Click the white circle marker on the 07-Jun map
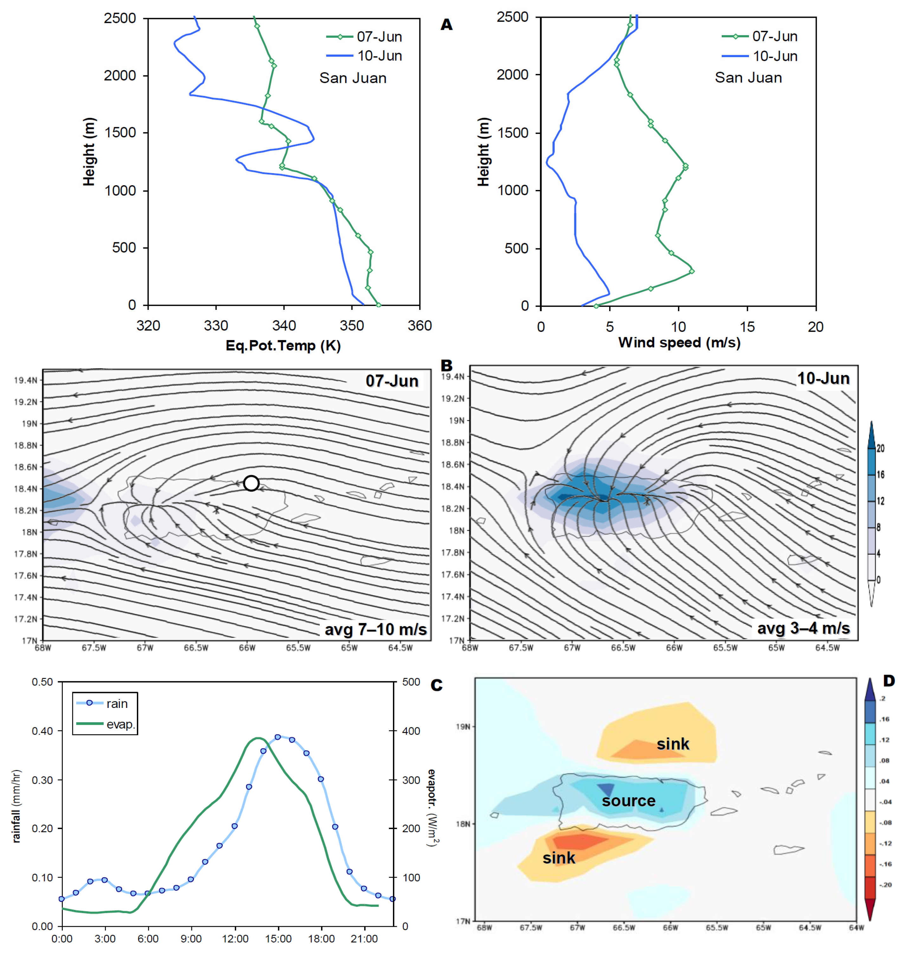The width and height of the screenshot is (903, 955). pyautogui.click(x=251, y=483)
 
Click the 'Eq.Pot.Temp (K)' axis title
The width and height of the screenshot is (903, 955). pyautogui.click(x=283, y=345)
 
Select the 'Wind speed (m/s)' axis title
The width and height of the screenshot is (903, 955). pyautogui.click(x=679, y=343)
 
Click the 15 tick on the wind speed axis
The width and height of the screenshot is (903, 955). pyautogui.click(x=747, y=327)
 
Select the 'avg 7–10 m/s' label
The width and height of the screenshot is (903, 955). pyautogui.click(x=376, y=630)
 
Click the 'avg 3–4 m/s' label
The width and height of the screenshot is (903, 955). pyautogui.click(x=803, y=628)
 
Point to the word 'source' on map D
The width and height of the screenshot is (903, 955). pyautogui.click(x=628, y=801)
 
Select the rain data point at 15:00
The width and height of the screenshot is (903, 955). pyautogui.click(x=278, y=737)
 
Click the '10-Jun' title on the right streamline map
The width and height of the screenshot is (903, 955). pyautogui.click(x=823, y=378)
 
